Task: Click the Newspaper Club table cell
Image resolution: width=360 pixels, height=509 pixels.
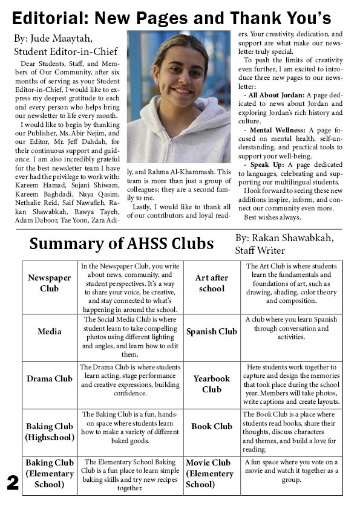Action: (x=50, y=283)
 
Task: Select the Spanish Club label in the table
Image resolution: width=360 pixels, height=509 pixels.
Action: (x=211, y=331)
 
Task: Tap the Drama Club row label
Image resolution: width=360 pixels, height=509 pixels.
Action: (x=50, y=379)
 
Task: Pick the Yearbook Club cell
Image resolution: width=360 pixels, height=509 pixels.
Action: (x=211, y=384)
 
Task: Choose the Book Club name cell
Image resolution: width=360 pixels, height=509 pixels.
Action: (x=211, y=426)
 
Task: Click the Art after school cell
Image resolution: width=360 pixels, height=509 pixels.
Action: (x=211, y=283)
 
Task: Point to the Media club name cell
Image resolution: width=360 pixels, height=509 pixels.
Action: (x=50, y=331)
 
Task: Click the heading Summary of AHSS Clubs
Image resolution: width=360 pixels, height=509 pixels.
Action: (x=121, y=244)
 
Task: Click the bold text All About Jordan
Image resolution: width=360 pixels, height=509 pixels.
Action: (x=274, y=95)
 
